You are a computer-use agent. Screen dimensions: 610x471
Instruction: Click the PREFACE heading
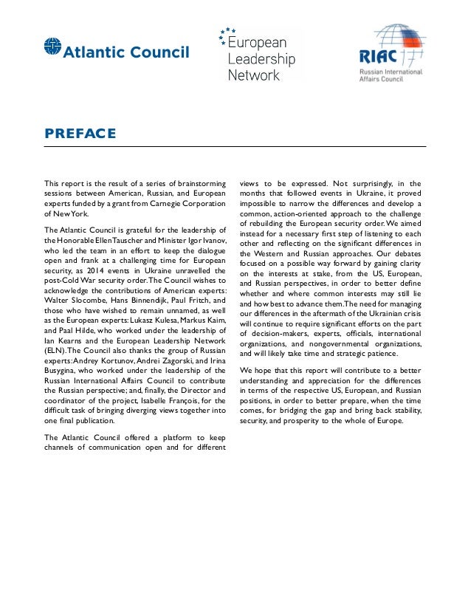click(80, 134)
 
